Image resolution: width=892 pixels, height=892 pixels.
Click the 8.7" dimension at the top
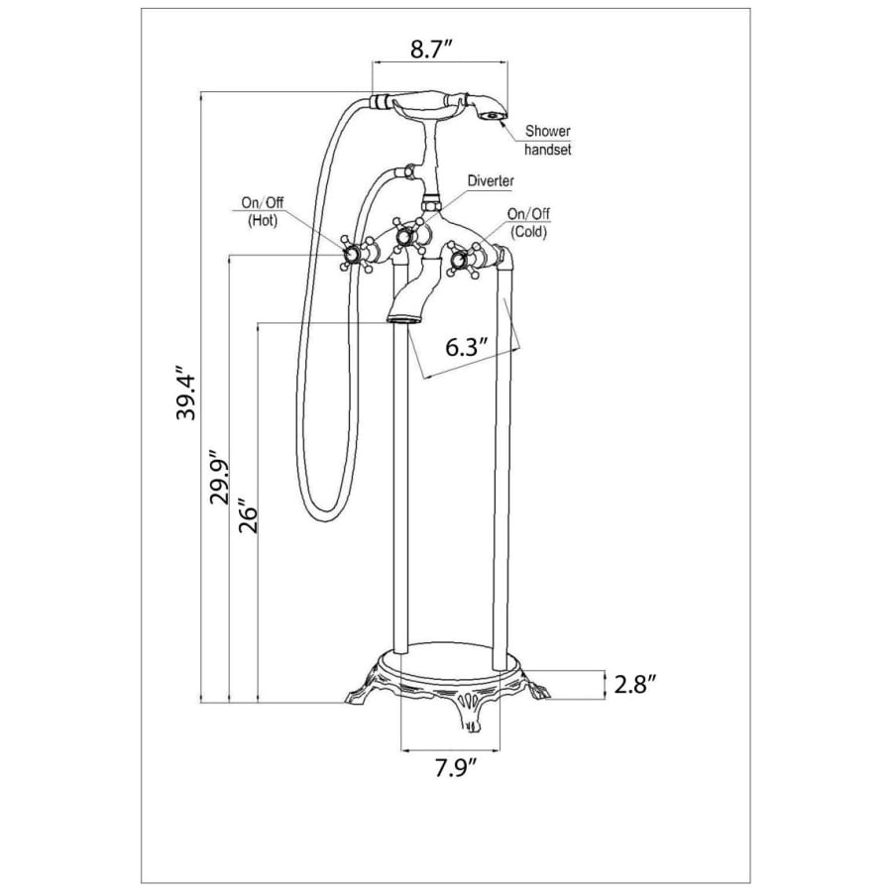431,50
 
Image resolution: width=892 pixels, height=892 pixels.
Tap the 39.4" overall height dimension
186,392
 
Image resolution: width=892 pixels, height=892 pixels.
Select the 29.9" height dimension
219,477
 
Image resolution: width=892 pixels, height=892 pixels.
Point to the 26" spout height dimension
248,516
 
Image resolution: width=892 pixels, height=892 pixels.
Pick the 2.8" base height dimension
636,684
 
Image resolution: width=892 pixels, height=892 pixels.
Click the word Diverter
491,181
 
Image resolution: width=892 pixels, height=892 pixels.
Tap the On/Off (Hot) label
263,211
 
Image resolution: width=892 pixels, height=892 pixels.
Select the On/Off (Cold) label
528,222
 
